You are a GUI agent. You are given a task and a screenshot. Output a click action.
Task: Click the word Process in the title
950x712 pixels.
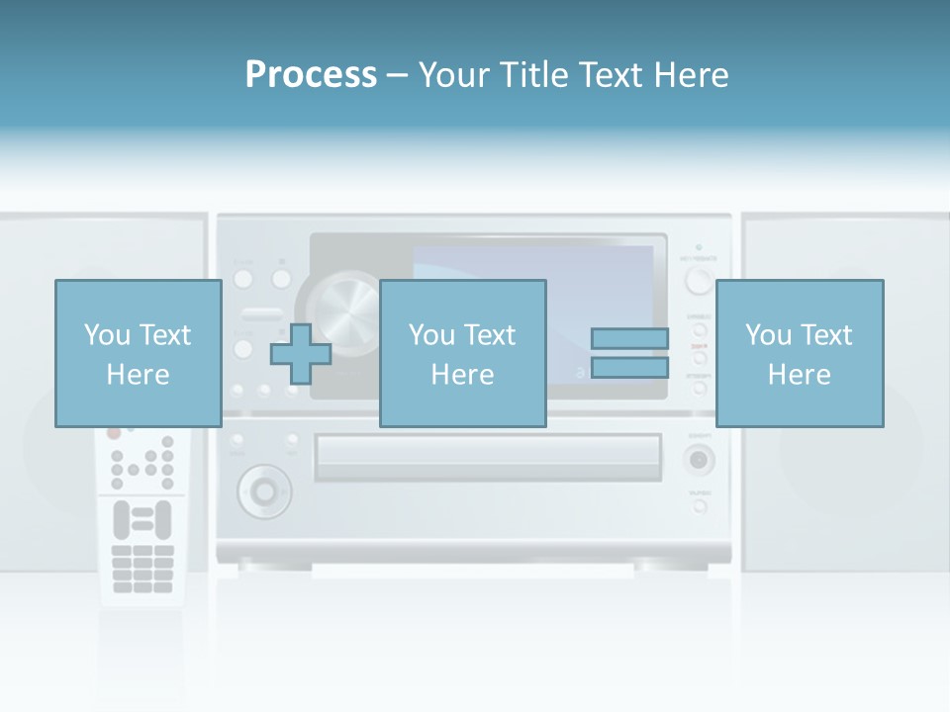tap(311, 74)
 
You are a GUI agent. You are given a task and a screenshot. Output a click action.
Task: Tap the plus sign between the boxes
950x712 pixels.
tap(301, 354)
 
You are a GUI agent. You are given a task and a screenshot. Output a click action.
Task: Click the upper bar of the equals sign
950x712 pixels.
tap(629, 339)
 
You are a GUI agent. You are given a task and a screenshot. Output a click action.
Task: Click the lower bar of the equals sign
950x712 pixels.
tap(629, 368)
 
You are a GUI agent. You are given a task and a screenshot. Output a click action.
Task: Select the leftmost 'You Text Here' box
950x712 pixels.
tap(138, 353)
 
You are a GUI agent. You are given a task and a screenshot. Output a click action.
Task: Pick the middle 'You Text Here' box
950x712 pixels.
tap(462, 353)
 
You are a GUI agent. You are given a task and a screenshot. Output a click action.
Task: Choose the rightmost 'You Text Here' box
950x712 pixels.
tap(799, 353)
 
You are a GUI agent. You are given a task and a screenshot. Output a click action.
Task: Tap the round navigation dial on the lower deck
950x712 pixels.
tap(264, 489)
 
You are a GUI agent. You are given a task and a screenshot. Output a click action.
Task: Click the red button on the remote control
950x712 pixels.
tap(114, 432)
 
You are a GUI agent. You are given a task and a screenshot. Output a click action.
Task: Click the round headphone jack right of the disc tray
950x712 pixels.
tap(700, 459)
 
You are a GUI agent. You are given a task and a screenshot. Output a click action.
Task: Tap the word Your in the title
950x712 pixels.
tap(455, 74)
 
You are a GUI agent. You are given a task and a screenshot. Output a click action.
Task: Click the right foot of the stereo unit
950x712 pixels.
tap(657, 566)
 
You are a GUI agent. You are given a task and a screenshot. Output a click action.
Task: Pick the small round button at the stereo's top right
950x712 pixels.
tap(700, 280)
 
